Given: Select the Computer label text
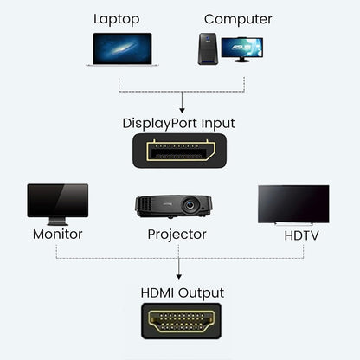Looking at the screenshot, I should [x=238, y=19].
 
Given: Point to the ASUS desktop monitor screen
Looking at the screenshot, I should [x=241, y=47].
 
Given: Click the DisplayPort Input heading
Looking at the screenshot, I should [x=178, y=123].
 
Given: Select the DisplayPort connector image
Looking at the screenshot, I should [x=179, y=151].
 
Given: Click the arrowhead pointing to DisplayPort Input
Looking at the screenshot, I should [x=181, y=110].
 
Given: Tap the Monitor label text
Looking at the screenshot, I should [x=58, y=234].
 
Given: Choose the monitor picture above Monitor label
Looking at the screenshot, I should [x=57, y=200].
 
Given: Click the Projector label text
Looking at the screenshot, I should [x=177, y=234].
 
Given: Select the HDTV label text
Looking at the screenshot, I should [x=300, y=235].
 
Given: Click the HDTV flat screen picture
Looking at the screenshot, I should [x=293, y=203].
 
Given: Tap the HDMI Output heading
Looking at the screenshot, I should [x=182, y=292].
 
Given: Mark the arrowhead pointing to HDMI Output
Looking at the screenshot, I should [x=178, y=275].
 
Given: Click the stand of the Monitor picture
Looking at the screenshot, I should [x=58, y=220].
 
